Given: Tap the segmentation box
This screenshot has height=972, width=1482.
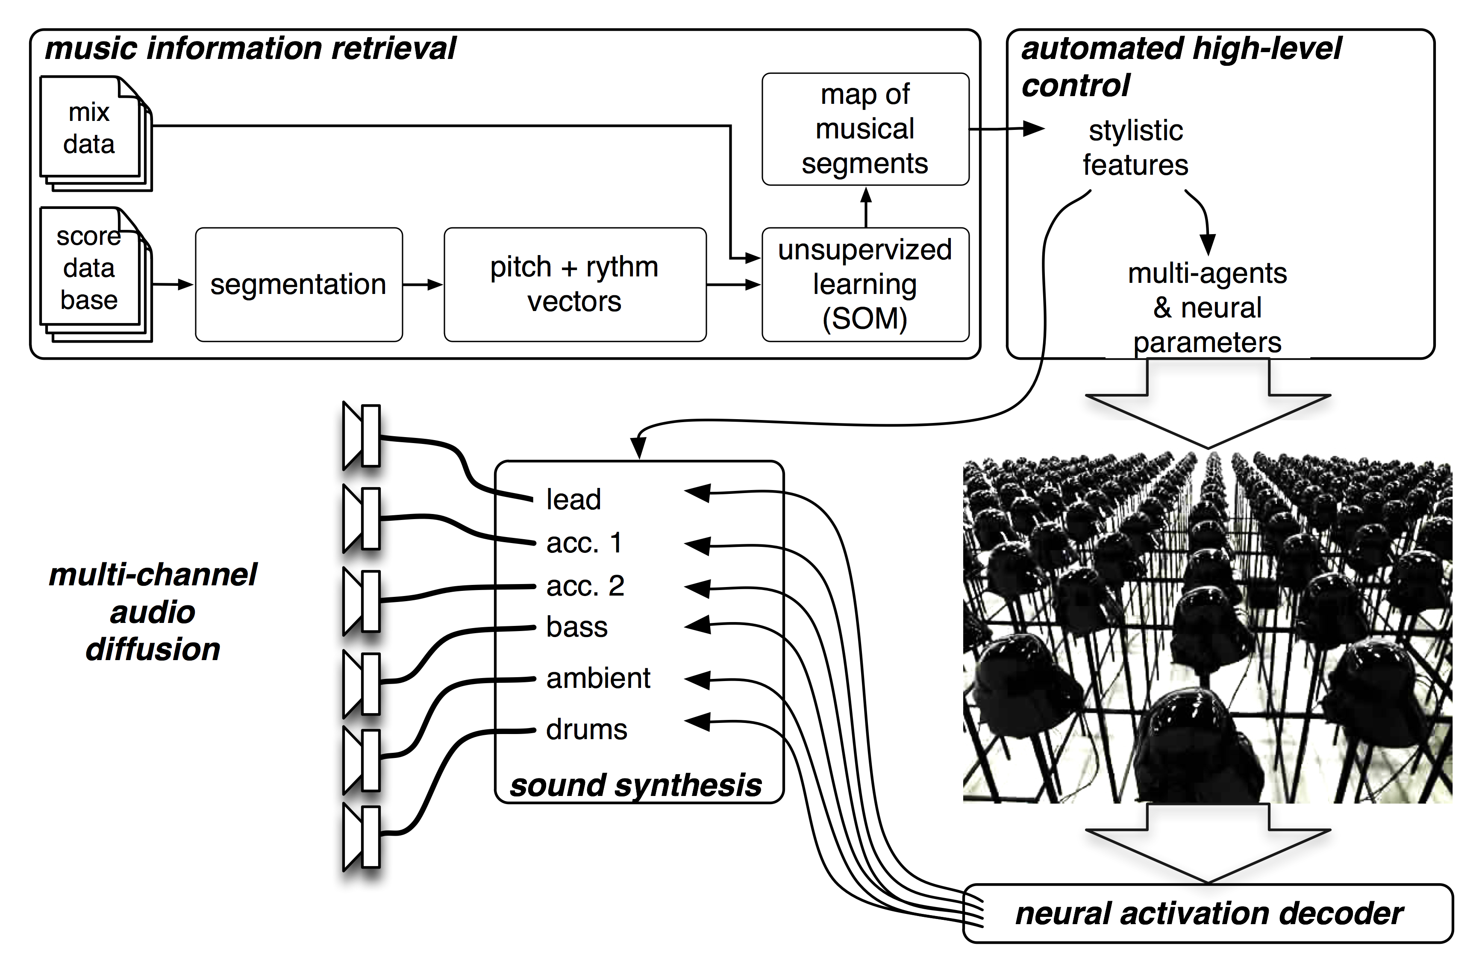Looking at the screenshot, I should pos(298,285).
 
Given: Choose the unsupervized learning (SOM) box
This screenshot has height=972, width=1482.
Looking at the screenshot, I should pos(865,285).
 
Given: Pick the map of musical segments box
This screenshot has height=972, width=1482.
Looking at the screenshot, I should pos(865,129).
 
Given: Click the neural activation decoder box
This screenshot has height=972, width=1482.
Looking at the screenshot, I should pos(1208,914).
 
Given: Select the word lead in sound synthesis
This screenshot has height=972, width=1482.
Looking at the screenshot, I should pos(573,499).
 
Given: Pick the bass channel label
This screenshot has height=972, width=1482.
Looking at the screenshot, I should pos(576,627).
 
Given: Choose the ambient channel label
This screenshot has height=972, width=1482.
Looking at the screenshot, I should pos(598,678).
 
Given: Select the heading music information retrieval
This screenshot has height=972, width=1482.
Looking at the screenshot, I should pos(250,49).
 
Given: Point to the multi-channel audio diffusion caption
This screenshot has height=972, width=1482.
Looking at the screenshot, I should pos(153,612).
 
